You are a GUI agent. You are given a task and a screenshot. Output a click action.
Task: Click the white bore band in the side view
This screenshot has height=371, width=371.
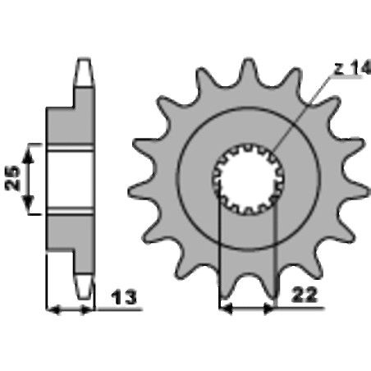click(70, 179)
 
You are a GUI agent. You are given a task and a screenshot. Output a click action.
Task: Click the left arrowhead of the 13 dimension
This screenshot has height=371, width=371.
click(53, 309)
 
